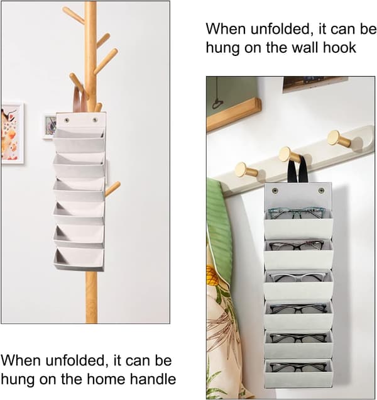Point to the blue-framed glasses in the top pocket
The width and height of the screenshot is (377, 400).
click(x=297, y=213)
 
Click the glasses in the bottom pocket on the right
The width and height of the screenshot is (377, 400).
click(x=298, y=367)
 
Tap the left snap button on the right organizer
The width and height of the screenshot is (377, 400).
click(x=275, y=191)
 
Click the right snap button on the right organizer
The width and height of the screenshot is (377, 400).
click(x=322, y=191)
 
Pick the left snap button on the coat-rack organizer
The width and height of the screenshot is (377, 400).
click(x=67, y=119)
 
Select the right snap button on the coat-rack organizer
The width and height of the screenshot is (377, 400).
click(x=95, y=119)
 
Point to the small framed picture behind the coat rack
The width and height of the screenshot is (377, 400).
click(x=50, y=126)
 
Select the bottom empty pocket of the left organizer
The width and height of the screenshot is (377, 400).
click(x=79, y=259)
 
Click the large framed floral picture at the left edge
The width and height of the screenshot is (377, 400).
click(x=12, y=133)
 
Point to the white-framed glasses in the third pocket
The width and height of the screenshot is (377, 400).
click(x=297, y=277)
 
